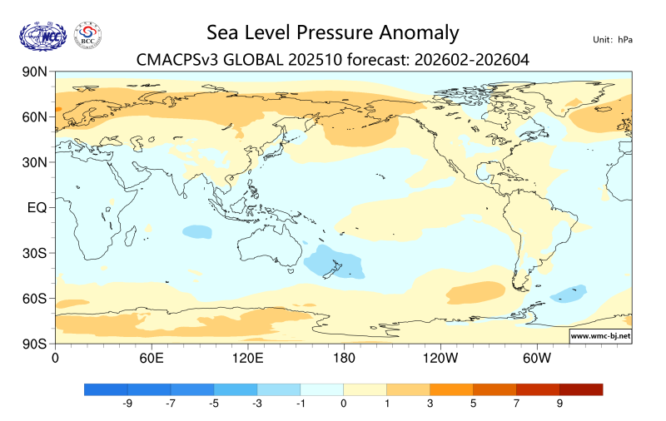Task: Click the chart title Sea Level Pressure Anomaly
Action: (332, 32)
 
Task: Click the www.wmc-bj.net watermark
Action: (599, 336)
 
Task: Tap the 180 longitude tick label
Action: (344, 359)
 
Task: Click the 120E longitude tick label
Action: (247, 359)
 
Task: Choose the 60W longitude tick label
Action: (537, 359)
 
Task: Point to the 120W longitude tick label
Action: (440, 359)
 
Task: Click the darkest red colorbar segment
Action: (581, 389)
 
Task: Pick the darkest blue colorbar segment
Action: (106, 389)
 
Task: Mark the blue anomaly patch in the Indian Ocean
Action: (197, 230)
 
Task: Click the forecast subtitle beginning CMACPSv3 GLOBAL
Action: (332, 59)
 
